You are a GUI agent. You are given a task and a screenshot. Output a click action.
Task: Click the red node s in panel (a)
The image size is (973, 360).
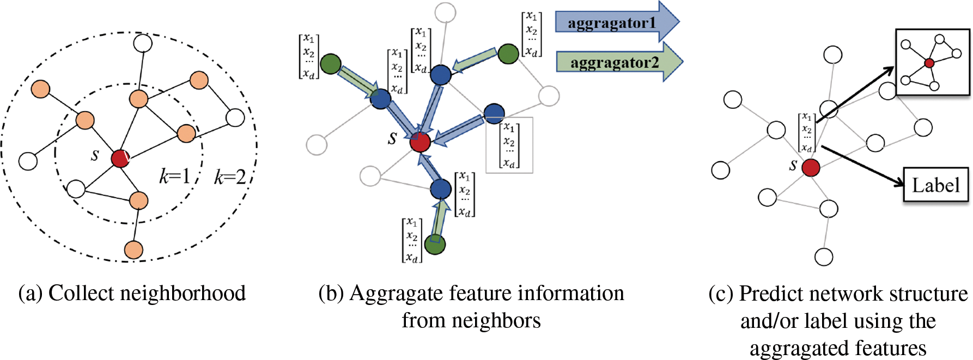tap(120, 158)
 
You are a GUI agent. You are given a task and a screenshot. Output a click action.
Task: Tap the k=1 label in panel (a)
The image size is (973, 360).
tap(174, 176)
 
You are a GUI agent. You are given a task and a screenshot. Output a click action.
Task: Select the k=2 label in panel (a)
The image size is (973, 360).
tap(229, 177)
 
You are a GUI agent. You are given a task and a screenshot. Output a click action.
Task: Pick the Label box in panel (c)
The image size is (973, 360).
tap(935, 185)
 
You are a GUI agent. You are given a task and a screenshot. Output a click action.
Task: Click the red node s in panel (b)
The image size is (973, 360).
tap(419, 142)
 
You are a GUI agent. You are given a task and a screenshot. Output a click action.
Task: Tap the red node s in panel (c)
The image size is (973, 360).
tap(811, 167)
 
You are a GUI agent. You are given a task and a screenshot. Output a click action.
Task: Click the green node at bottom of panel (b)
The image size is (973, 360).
tap(435, 244)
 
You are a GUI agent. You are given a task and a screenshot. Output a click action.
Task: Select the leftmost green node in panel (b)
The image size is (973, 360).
tap(330, 64)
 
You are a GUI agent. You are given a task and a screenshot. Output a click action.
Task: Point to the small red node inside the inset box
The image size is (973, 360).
tap(929, 63)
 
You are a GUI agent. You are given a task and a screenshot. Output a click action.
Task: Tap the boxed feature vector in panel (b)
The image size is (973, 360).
tap(509, 145)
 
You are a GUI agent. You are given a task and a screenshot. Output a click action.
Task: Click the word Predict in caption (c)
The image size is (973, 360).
tap(770, 294)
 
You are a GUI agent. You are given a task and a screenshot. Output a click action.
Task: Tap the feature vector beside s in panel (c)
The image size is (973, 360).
tap(807, 132)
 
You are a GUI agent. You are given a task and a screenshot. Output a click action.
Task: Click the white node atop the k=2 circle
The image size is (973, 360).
tap(143, 43)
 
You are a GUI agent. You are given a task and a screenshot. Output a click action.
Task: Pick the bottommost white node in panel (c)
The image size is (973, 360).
tap(824, 257)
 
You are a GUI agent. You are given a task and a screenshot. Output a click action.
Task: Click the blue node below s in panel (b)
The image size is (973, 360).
tap(440, 189)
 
